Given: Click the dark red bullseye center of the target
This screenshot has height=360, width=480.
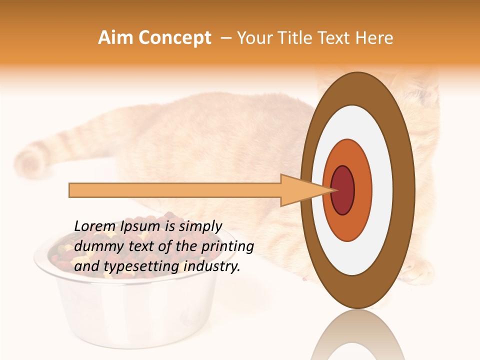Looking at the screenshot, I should tap(343, 190).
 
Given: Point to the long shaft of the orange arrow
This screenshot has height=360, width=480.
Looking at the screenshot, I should tap(175, 190).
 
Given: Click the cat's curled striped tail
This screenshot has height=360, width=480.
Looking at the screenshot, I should tap(32, 160).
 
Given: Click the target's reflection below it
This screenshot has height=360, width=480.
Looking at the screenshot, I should tap(357, 335).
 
